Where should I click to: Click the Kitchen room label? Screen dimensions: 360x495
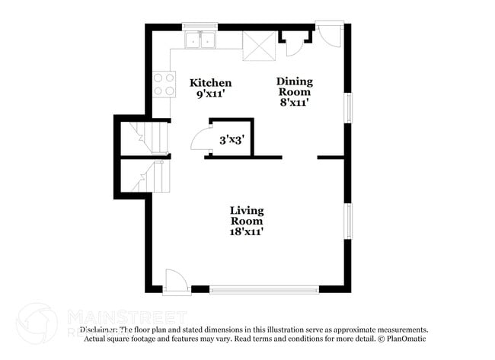(x=211, y=83)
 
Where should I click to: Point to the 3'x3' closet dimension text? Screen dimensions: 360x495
(x=232, y=140)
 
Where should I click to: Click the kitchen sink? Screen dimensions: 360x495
(x=200, y=40)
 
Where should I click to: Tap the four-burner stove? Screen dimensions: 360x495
(x=164, y=84)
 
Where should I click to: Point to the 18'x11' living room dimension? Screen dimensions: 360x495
(x=247, y=231)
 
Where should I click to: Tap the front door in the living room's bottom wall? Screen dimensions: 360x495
(x=174, y=281)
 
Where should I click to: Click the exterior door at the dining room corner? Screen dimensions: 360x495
(x=331, y=35)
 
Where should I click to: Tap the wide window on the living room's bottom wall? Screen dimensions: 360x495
(x=263, y=289)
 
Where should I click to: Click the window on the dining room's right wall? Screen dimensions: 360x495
(x=348, y=107)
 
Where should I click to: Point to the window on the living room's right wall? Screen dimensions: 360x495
(x=348, y=221)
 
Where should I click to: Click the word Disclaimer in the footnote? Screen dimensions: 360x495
(x=101, y=330)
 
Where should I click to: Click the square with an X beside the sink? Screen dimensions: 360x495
(x=257, y=46)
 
